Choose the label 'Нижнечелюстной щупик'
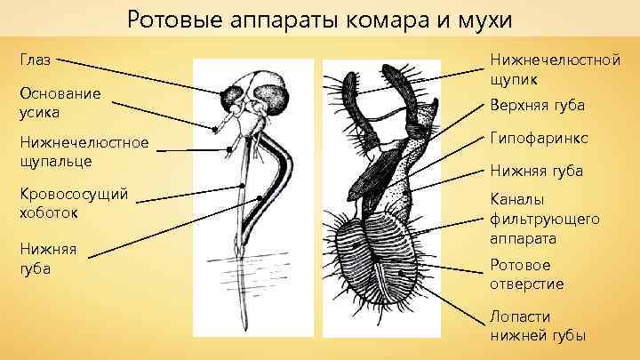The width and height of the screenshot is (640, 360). coord(554,69)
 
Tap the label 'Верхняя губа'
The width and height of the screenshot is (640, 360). coord(536,106)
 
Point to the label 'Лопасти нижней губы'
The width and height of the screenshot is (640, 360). coord(537,325)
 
